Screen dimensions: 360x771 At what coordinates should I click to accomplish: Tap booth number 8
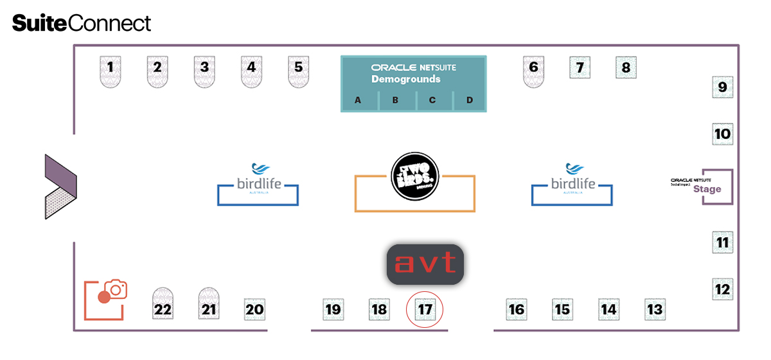coord(626,67)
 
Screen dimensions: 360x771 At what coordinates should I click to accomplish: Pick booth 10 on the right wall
coord(723,134)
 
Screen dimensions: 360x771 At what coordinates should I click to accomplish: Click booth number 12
coord(723,290)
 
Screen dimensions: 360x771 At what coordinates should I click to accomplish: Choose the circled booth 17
coord(425,310)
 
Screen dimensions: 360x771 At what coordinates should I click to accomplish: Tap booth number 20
coord(255,310)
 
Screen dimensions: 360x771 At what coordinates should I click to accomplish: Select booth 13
coord(655,310)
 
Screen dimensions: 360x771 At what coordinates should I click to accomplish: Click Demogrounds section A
coord(359,100)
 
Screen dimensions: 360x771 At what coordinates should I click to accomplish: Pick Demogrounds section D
coord(469,100)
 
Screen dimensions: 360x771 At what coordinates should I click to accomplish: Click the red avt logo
coord(425,264)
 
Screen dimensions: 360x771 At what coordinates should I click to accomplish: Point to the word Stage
coord(707,190)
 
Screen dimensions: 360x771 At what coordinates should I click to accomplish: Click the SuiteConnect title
coord(82,24)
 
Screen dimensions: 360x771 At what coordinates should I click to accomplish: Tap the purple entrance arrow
coord(60,186)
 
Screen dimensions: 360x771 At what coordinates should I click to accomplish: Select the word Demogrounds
coord(405,79)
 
